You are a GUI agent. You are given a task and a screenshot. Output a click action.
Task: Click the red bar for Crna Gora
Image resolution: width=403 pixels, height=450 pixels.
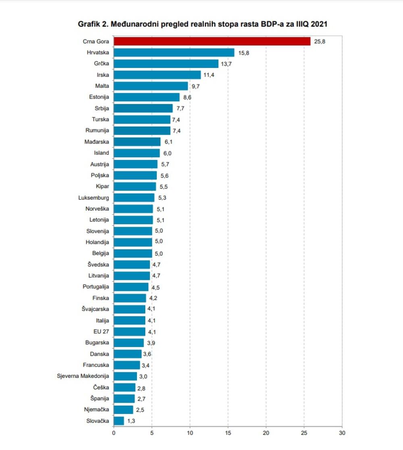[x=212, y=41]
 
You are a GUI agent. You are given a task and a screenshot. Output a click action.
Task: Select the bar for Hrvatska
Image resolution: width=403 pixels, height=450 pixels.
[x=174, y=52]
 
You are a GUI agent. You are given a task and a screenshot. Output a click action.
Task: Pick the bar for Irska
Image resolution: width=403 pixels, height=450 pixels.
[x=157, y=75]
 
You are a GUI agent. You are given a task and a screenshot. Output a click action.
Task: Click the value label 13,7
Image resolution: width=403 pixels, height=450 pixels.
[x=226, y=64]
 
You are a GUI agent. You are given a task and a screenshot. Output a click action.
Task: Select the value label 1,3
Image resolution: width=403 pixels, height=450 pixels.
[x=132, y=421]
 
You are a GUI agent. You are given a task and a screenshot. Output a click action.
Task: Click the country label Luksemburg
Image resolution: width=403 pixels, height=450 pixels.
[x=94, y=197]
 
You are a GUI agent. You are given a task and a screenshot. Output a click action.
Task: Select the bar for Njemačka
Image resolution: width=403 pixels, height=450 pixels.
[x=123, y=410]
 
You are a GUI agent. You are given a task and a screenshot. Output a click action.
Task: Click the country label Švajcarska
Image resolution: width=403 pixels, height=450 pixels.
[x=95, y=309]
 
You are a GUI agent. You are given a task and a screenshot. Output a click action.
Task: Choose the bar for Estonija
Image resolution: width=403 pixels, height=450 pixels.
[x=147, y=97]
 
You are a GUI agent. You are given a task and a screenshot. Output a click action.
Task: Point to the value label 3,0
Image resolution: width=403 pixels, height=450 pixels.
[x=145, y=376]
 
